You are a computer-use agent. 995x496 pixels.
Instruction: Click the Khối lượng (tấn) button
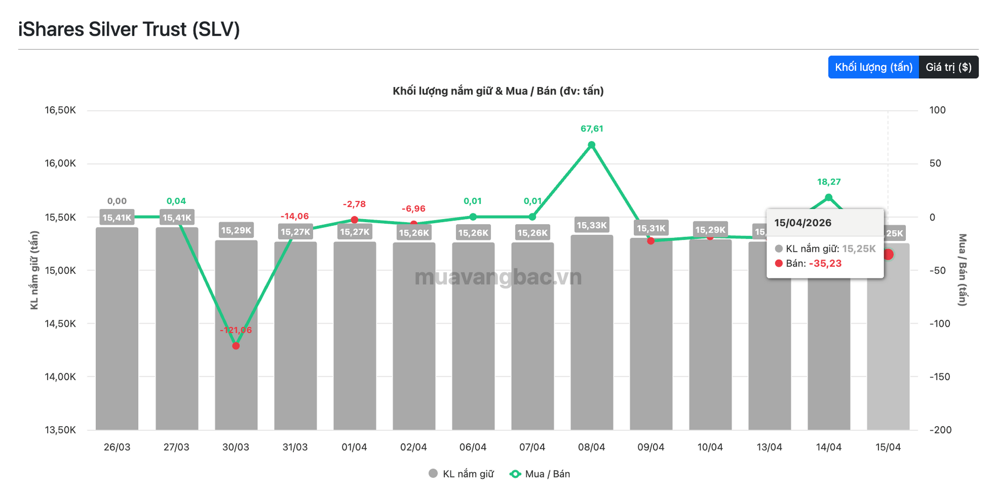point(873,67)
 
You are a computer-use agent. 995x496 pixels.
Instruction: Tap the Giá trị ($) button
point(948,67)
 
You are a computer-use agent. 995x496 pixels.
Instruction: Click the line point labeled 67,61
point(591,145)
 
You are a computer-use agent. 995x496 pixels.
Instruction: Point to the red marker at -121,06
point(236,346)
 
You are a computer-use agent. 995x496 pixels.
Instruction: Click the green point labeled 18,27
point(828,197)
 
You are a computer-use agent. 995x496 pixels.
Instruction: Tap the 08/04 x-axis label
point(591,447)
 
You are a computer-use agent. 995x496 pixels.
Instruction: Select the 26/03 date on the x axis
point(117,447)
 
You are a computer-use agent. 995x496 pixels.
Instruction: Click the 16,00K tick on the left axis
point(60,164)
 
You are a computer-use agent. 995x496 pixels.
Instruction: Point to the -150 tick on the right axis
point(941,377)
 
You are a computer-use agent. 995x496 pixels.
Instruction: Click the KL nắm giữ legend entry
point(461,474)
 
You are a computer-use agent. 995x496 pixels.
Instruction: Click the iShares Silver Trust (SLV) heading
point(129,30)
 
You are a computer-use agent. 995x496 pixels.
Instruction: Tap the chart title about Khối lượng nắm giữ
point(498,91)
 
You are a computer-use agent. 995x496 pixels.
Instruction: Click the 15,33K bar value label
point(591,225)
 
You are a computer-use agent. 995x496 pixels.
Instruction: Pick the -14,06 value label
point(294,216)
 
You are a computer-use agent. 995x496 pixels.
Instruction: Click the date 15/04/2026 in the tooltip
point(803,223)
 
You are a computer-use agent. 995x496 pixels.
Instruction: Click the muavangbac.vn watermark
point(498,278)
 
